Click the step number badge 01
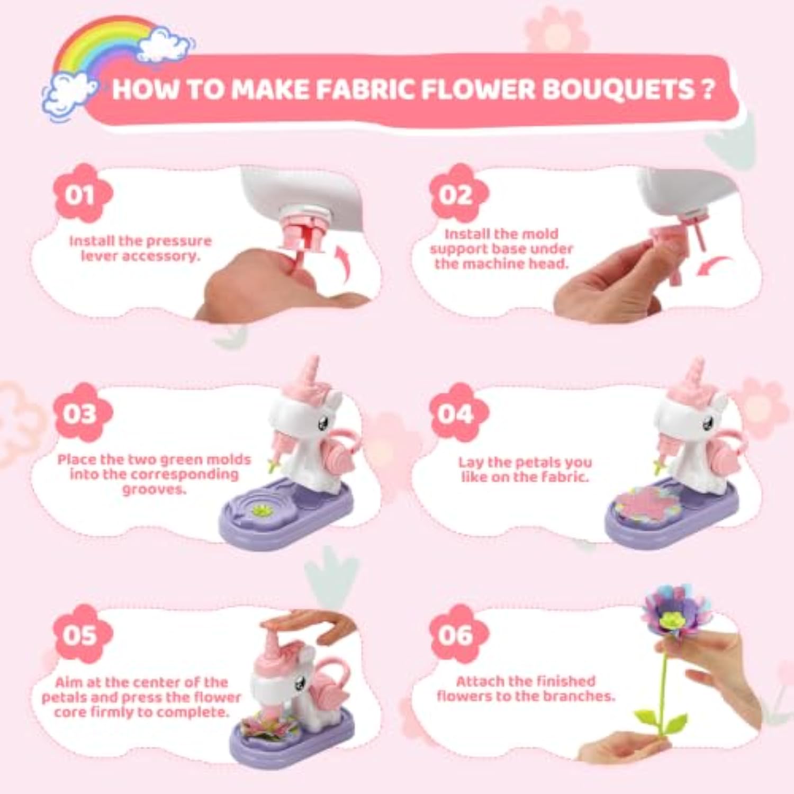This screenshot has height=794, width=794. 83,194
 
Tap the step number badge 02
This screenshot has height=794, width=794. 458,194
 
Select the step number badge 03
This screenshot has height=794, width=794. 83,413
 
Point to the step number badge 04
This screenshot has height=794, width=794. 458,413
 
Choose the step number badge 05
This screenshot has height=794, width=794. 83,634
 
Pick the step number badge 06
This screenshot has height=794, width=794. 458,634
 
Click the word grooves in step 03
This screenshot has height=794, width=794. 154,490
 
